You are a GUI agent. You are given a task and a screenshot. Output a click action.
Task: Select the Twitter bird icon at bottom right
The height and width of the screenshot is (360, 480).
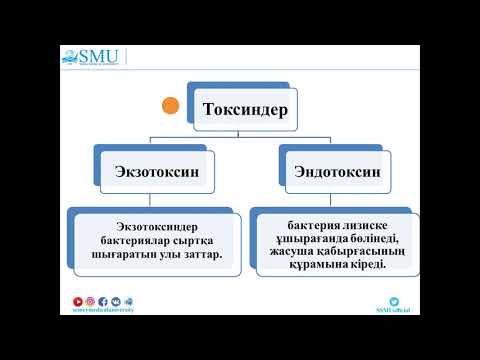coord(394,300)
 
